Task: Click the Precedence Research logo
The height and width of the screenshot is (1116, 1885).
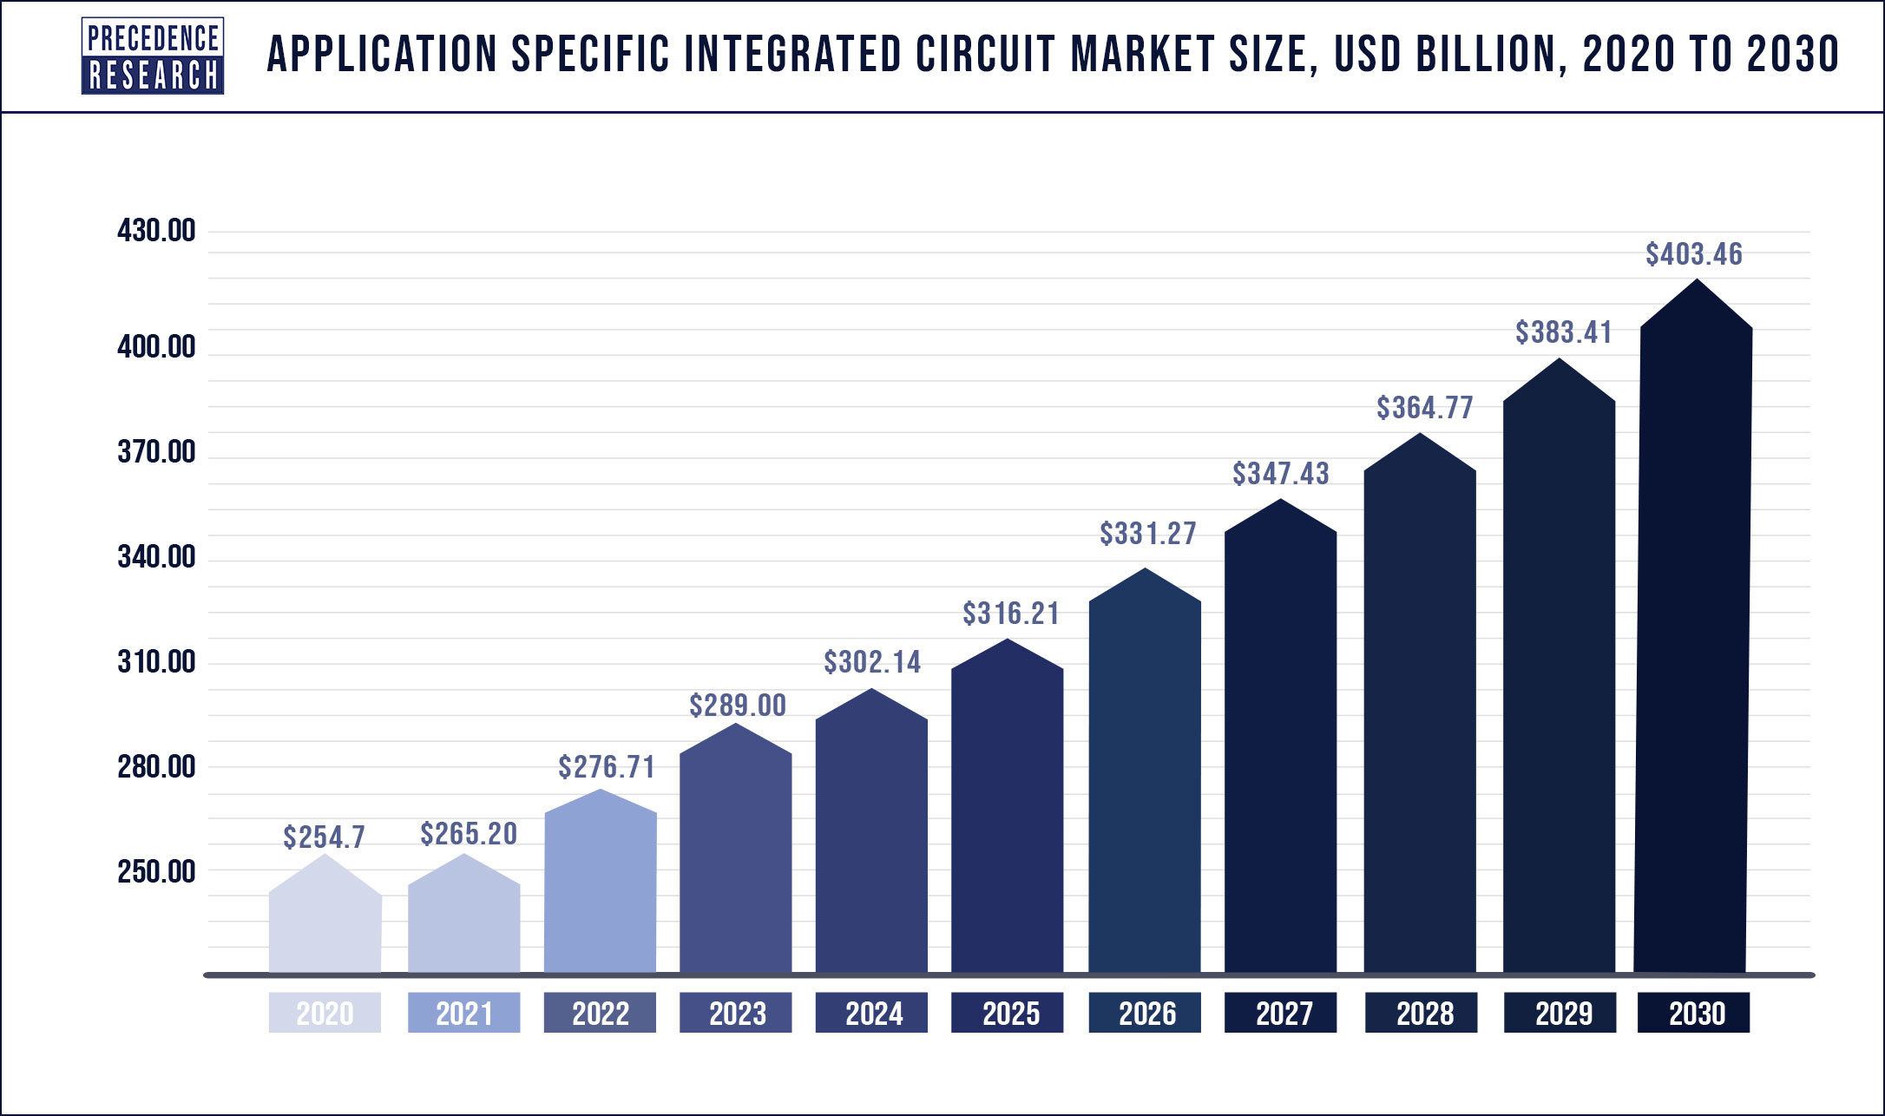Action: coord(153,56)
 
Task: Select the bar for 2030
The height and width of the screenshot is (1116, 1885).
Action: coord(1693,626)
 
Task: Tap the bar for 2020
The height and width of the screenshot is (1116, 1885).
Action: coord(325,914)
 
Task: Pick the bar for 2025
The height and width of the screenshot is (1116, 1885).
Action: coord(1007,806)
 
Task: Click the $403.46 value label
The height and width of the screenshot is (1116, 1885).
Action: coord(1693,254)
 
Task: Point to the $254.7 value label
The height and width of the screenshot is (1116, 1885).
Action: coord(324,837)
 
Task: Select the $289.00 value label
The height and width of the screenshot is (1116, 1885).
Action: coord(738,706)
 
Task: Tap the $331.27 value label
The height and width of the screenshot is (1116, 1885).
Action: coord(1148,534)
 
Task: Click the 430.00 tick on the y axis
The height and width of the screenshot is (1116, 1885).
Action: coord(156,231)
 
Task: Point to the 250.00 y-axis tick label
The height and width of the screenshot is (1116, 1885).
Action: coord(156,871)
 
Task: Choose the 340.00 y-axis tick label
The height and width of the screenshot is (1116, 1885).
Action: coord(156,557)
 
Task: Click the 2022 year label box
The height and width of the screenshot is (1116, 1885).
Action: coord(600,1013)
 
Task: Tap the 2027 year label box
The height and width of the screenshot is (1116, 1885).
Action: coord(1280,1013)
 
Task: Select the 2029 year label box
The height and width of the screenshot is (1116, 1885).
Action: coord(1560,1013)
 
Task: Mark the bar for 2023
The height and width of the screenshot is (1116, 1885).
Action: coord(735,848)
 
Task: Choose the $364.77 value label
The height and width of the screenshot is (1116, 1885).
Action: coord(1425,408)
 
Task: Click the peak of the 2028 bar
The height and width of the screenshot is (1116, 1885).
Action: coord(1420,432)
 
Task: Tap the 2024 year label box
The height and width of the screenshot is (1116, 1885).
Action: coord(871,1013)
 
